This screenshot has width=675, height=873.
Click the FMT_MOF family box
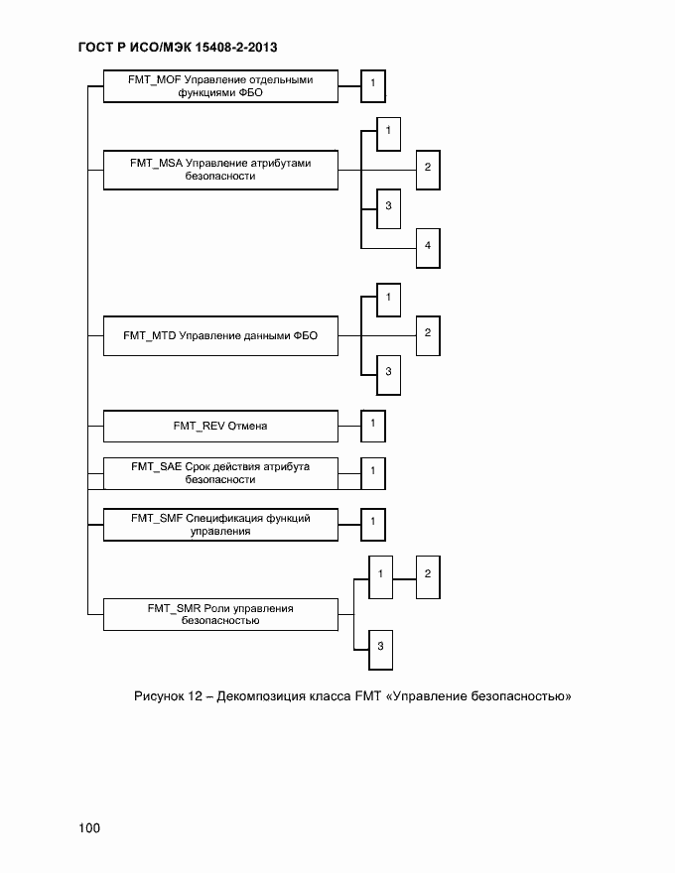click(220, 86)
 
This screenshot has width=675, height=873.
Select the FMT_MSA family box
click(220, 169)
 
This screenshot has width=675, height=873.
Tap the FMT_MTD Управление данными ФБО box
click(220, 335)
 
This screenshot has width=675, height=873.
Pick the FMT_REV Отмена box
click(220, 427)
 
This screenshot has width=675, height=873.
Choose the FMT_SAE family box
click(220, 472)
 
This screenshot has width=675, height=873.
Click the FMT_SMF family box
click(220, 524)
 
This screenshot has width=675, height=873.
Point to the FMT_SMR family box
click(220, 614)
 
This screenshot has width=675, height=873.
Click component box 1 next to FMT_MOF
click(372, 85)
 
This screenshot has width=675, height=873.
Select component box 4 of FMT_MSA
click(427, 247)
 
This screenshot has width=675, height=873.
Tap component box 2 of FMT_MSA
click(427, 168)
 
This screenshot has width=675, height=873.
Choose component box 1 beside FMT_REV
click(372, 426)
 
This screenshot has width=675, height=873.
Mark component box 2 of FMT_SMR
click(427, 575)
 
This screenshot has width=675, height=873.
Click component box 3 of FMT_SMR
click(380, 647)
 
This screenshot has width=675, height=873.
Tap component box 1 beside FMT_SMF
click(372, 522)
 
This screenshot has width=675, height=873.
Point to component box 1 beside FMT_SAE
click(372, 471)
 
